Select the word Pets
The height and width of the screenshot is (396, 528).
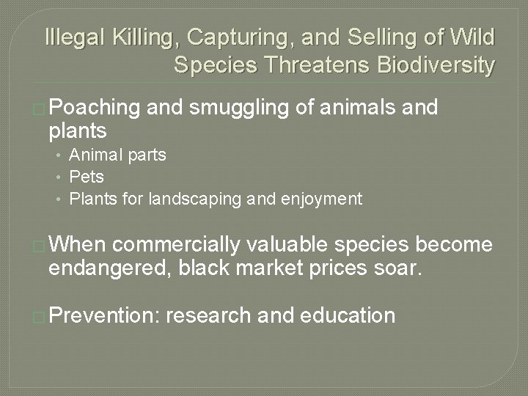(x=87, y=177)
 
